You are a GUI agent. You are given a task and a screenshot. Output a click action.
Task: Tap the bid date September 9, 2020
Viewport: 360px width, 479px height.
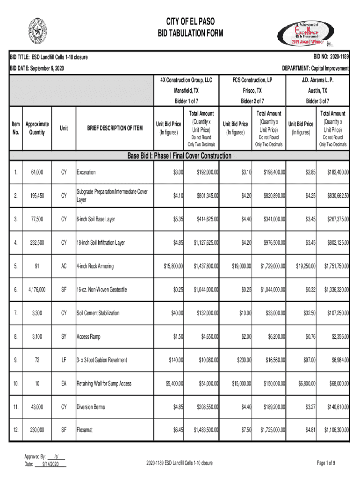coord(37,69)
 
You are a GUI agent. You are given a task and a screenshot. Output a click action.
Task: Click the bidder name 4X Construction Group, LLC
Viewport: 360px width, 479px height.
coord(186,80)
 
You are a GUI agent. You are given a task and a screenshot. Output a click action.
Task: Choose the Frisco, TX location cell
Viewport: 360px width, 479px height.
coord(252,90)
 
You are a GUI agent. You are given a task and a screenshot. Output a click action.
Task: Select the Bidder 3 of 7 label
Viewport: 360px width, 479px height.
coord(317,101)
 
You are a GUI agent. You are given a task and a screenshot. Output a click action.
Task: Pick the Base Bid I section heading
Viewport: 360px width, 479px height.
coord(180,156)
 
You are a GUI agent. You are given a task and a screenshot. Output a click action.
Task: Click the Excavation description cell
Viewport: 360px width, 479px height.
coord(86,173)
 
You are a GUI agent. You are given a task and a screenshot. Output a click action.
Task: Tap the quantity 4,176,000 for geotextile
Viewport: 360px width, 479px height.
coord(37,290)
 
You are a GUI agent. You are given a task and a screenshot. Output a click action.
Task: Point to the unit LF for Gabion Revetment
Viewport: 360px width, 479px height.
coord(64,360)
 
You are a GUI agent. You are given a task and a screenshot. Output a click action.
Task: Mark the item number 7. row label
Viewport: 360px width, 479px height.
coord(16,313)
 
